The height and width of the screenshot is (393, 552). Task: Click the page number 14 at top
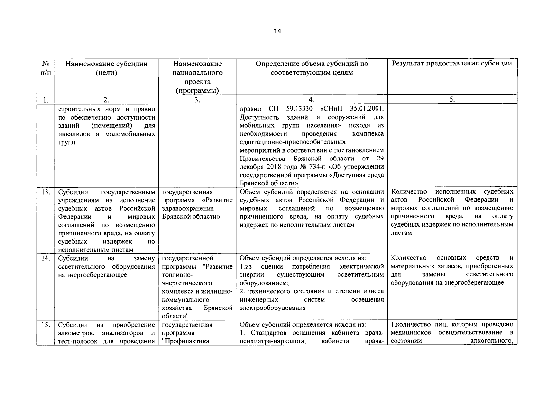pyautogui.click(x=277, y=31)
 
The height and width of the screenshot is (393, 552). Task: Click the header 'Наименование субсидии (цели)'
pyautogui.click(x=106, y=68)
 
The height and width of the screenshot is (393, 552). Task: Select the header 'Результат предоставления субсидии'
pyautogui.click(x=452, y=64)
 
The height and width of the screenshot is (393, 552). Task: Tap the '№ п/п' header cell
pyautogui.click(x=46, y=68)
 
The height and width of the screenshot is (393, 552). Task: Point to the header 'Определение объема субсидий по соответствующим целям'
pyautogui.click(x=311, y=68)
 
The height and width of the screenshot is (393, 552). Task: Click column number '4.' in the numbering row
pyautogui.click(x=311, y=100)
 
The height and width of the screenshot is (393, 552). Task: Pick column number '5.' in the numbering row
pyautogui.click(x=452, y=100)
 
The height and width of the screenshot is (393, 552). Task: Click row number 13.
pyautogui.click(x=46, y=192)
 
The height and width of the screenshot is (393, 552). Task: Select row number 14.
pyautogui.click(x=46, y=258)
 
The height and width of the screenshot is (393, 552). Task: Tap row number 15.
pyautogui.click(x=46, y=325)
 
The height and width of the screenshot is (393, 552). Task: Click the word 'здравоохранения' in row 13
pyautogui.click(x=188, y=208)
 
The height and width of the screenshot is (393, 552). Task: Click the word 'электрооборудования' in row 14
pyautogui.click(x=272, y=308)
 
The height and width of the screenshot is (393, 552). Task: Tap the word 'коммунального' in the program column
pyautogui.click(x=186, y=300)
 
